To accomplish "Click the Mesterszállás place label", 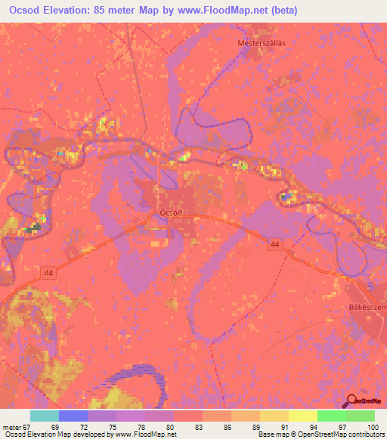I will click(262, 43).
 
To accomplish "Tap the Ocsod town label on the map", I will click(171, 213).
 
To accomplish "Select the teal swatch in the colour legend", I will click(45, 416).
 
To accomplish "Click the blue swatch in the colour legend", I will click(73, 416).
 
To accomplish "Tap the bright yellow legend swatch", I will click(303, 416).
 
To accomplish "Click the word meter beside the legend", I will click(11, 426).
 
